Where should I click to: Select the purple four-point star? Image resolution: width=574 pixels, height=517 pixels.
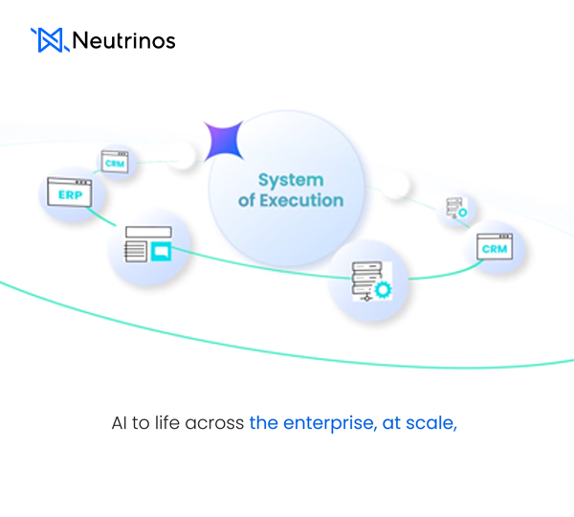pyautogui.click(x=224, y=141)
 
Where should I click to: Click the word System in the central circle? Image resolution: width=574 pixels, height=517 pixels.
pyautogui.click(x=291, y=180)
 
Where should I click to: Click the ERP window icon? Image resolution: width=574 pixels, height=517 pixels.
pyautogui.click(x=70, y=193)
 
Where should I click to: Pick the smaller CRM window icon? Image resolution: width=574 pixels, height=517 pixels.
pyautogui.click(x=115, y=163)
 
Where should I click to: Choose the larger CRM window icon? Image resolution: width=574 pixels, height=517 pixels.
pyautogui.click(x=495, y=248)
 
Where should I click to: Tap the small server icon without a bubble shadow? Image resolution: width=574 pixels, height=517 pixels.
pyautogui.click(x=455, y=209)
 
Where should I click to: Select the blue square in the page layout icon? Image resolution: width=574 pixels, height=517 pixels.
pyautogui.click(x=162, y=252)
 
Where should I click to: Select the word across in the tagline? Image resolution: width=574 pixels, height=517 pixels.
pyautogui.click(x=220, y=422)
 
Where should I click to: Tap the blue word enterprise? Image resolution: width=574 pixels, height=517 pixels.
pyautogui.click(x=325, y=422)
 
